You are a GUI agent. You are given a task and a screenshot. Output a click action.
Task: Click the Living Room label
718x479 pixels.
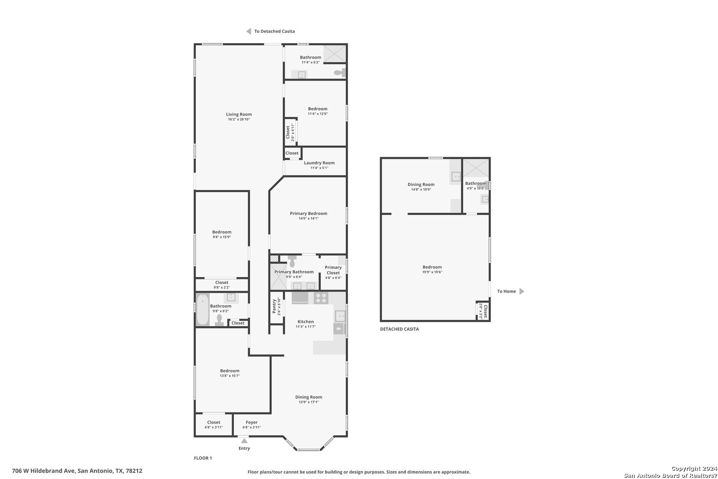pos(239,114)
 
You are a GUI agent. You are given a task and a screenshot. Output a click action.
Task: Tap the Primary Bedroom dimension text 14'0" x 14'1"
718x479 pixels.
pos(308,219)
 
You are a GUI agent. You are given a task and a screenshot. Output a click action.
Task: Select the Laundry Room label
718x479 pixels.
pos(319,163)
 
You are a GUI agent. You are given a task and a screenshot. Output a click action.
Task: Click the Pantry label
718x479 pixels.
pos(274,306)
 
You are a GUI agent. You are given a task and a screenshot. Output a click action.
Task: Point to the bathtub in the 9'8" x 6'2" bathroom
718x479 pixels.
pos(203,310)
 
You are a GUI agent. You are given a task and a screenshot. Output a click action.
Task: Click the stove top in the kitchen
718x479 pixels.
pos(321,298)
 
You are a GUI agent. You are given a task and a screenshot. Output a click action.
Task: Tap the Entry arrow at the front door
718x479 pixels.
pos(244,441)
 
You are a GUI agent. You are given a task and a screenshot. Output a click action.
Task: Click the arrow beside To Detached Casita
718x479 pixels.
pos(248,31)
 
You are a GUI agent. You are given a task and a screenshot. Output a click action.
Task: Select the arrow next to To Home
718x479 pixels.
pos(522,291)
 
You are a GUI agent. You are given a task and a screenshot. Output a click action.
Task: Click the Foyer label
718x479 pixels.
pos(252,422)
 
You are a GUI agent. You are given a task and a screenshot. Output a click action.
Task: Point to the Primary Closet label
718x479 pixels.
pos(333,270)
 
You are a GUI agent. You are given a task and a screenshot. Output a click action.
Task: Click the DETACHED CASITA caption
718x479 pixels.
pos(399,329)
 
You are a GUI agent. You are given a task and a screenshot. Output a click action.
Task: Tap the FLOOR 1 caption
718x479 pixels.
pos(203,458)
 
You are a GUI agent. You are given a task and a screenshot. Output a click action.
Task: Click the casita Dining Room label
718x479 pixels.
pos(421,185)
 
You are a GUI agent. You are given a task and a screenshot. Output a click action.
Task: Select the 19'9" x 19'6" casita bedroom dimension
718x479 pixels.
pos(432,272)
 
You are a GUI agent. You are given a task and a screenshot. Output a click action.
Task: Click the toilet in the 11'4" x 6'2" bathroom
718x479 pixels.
pos(340,73)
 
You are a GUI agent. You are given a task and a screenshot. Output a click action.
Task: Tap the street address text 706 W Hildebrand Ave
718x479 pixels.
pos(43,471)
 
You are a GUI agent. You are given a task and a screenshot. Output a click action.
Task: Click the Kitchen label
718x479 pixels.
pos(305,322)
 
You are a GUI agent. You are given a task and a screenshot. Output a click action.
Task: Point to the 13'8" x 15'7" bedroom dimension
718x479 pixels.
pos(230,376)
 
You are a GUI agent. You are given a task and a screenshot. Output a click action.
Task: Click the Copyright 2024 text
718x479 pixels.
pos(694,468)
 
